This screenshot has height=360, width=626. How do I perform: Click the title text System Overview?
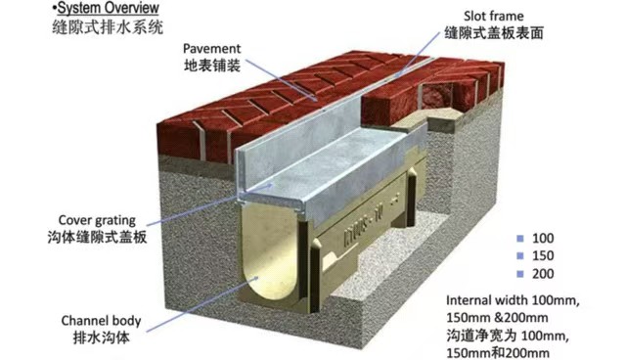tap(109, 8)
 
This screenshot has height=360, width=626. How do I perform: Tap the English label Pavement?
tap(211, 49)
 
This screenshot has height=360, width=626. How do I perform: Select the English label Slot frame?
tap(493, 16)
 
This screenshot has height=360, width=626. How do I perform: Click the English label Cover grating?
tap(97, 220)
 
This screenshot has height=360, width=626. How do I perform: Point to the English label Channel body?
tap(101, 321)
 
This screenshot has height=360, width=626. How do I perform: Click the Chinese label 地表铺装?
tap(212, 66)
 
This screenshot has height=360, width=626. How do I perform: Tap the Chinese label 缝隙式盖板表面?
tap(494, 32)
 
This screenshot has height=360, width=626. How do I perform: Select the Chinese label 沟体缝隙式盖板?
tap(97, 237)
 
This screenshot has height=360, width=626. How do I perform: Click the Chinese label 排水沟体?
tap(102, 337)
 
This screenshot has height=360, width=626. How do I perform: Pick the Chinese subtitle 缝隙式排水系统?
tap(108, 27)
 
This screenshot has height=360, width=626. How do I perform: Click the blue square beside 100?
tap(519, 239)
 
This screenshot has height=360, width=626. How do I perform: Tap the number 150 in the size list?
tap(543, 256)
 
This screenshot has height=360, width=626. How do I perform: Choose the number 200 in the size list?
tap(543, 274)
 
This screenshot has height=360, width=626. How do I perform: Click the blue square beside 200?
tap(519, 274)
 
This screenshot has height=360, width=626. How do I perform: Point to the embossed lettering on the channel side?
tap(364, 227)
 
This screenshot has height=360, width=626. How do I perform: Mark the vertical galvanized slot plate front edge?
tap(240, 171)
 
